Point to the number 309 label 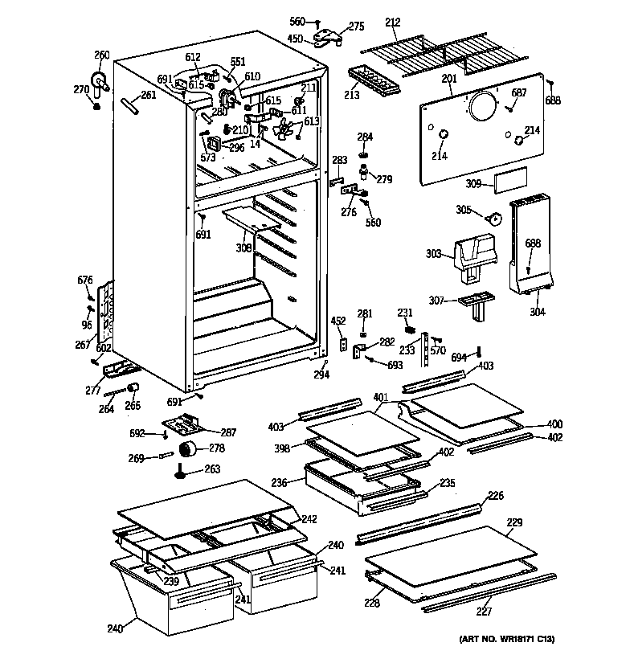[474, 184]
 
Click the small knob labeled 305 [494, 217]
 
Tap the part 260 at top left [100, 81]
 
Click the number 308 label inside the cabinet [243, 248]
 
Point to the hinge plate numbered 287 [183, 423]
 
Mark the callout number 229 [514, 523]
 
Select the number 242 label [309, 519]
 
